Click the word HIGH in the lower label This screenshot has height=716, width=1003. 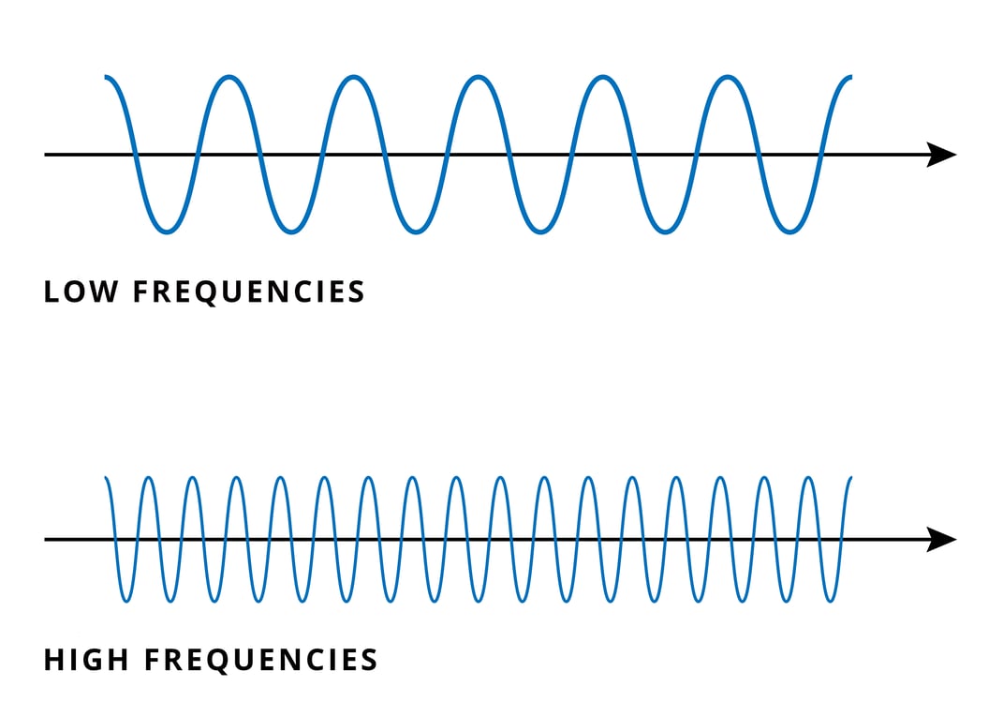pyautogui.click(x=86, y=660)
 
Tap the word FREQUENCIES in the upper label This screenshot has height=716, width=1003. pyautogui.click(x=248, y=291)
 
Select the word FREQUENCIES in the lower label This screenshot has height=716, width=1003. pyautogui.click(x=260, y=660)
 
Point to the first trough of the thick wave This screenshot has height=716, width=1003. pyautogui.click(x=167, y=231)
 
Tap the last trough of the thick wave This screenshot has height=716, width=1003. pyautogui.click(x=789, y=231)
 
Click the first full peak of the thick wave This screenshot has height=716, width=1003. pyautogui.click(x=229, y=78)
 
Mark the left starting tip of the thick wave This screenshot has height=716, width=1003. pyautogui.click(x=106, y=76)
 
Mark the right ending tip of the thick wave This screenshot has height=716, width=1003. pyautogui.click(x=850, y=76)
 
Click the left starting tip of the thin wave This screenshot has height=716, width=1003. pyautogui.click(x=106, y=478)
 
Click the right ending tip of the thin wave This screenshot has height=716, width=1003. pyautogui.click(x=850, y=478)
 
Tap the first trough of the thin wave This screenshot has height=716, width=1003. pyautogui.click(x=125, y=600)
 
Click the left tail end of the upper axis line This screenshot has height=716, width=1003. pyautogui.click(x=46, y=155)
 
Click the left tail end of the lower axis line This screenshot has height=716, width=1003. pyautogui.click(x=46, y=539)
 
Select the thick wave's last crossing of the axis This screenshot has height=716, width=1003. pyautogui.click(x=821, y=155)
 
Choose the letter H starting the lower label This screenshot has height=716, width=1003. pyautogui.click(x=52, y=660)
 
